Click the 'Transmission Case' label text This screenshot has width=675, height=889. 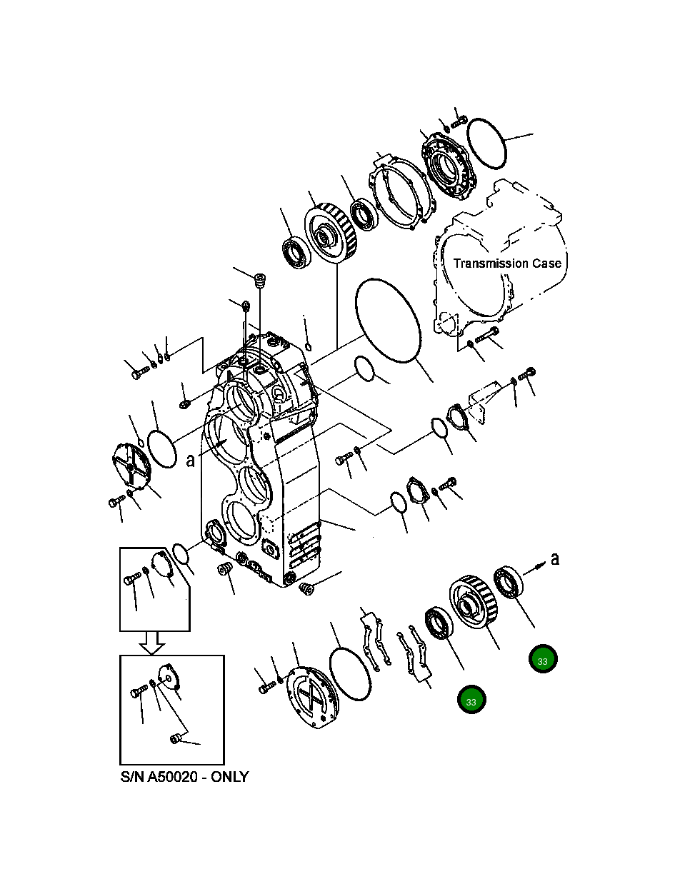pos(507,263)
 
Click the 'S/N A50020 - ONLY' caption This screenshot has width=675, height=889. pos(184,777)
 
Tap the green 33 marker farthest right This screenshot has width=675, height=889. pos(542,661)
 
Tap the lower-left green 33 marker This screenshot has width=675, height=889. pos(471,701)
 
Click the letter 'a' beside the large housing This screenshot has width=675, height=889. pos(190,461)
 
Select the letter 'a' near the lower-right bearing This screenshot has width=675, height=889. pos(554,558)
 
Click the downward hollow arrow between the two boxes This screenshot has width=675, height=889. pos(152,643)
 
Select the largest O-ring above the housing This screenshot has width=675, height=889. pos(386,319)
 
